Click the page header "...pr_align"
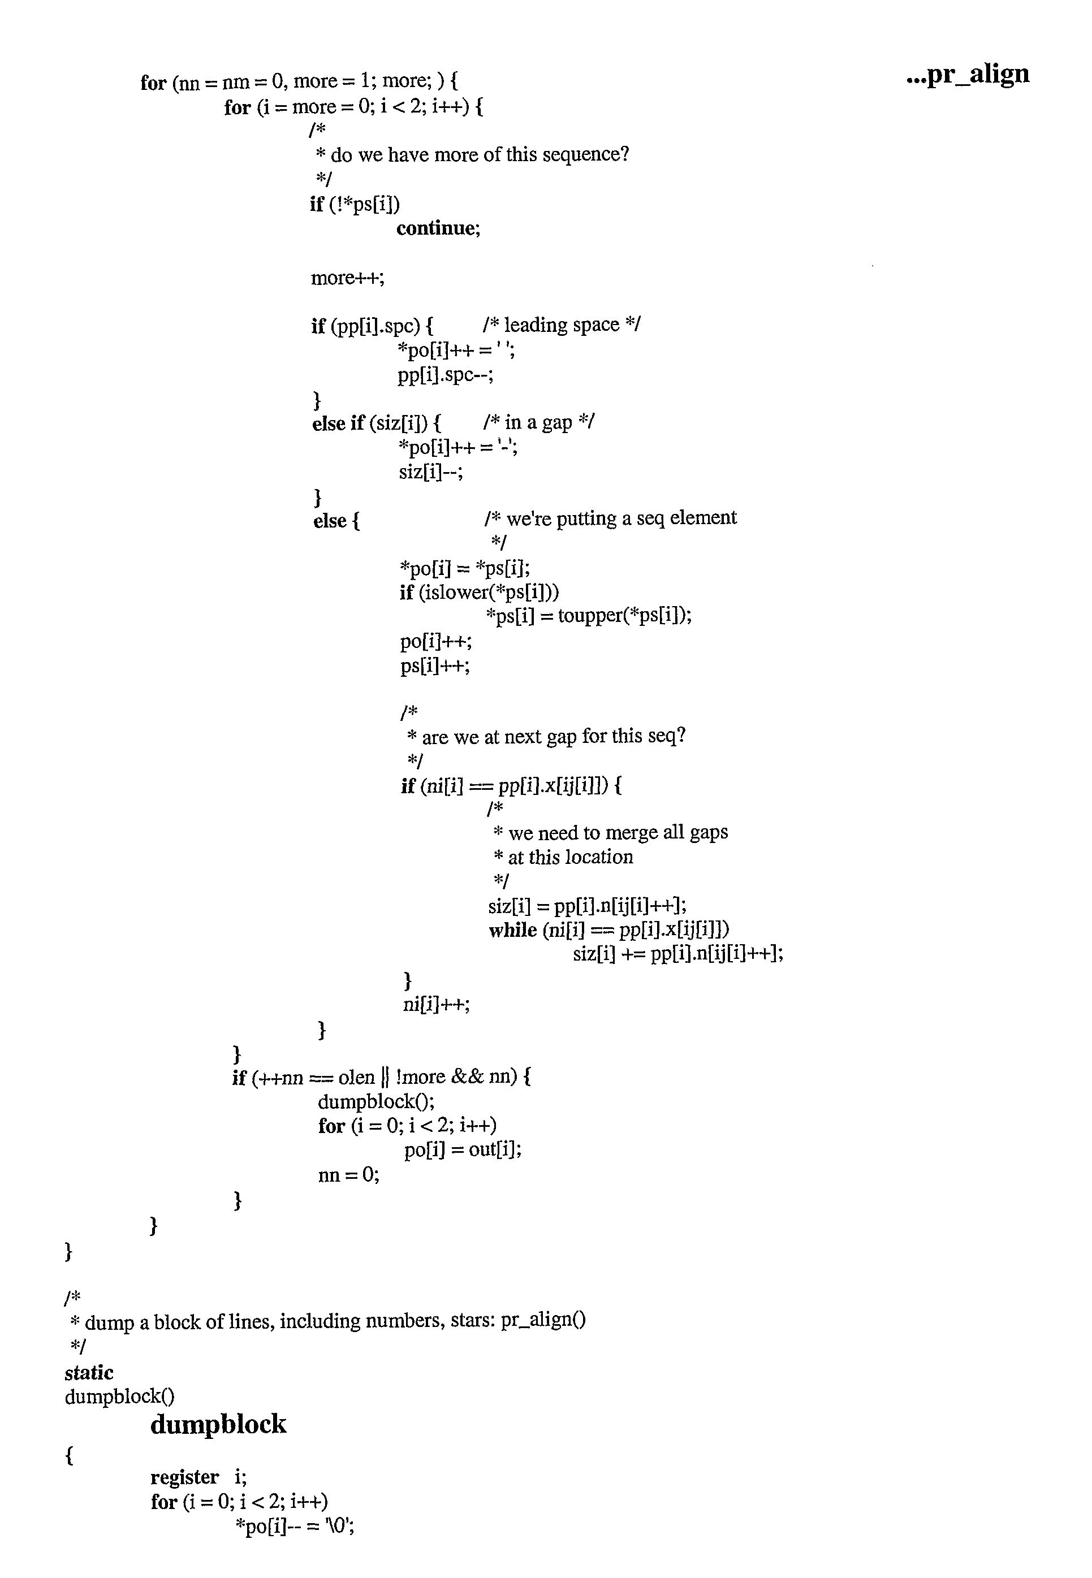coord(968,75)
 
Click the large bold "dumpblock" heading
coord(218,1425)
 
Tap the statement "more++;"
coord(348,278)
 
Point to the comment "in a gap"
coord(538,422)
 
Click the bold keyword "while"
coord(512,930)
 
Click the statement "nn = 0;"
coord(348,1175)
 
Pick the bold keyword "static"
coord(89,1373)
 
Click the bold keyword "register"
coord(185,1477)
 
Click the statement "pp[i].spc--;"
coord(446,375)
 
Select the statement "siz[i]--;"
coord(431,472)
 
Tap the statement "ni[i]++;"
coord(437,1004)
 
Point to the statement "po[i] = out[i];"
coord(463,1151)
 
